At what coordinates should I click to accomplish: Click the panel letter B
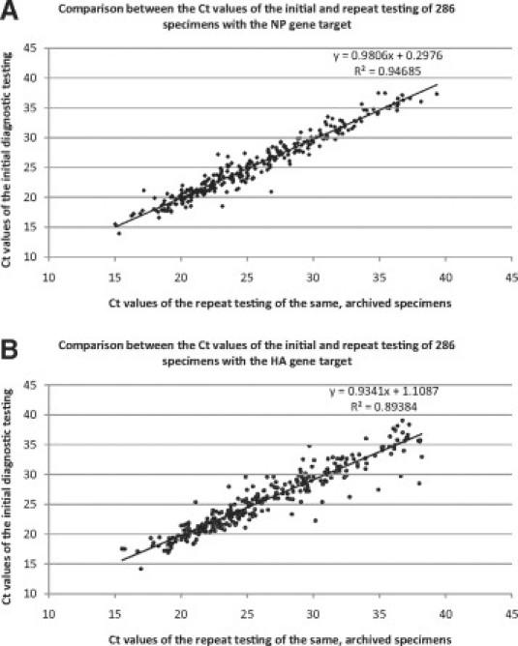[x=13, y=345]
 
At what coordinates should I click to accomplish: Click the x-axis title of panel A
[x=280, y=303]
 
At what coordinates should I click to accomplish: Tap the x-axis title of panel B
[x=280, y=638]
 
